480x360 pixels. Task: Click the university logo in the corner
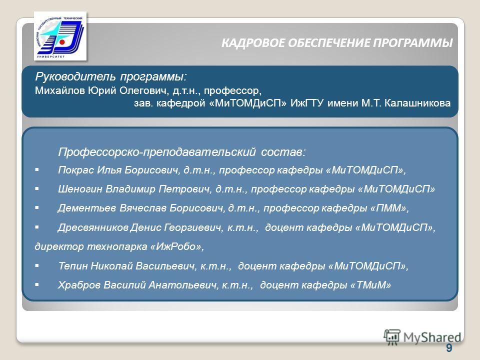click(x=60, y=36)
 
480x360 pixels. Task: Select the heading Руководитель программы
click(x=111, y=76)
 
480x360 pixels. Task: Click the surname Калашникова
click(x=417, y=103)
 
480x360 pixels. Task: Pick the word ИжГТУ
click(x=306, y=103)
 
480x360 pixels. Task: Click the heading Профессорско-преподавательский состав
click(x=182, y=152)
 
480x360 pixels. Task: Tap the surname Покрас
click(x=76, y=170)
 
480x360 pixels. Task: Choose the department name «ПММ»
click(x=388, y=208)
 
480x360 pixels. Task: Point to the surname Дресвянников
click(x=93, y=227)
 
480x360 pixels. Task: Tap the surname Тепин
click(x=73, y=265)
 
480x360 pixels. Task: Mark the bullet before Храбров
click(x=37, y=284)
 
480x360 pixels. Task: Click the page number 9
click(x=449, y=348)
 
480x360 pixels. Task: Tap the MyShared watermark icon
click(x=392, y=337)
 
